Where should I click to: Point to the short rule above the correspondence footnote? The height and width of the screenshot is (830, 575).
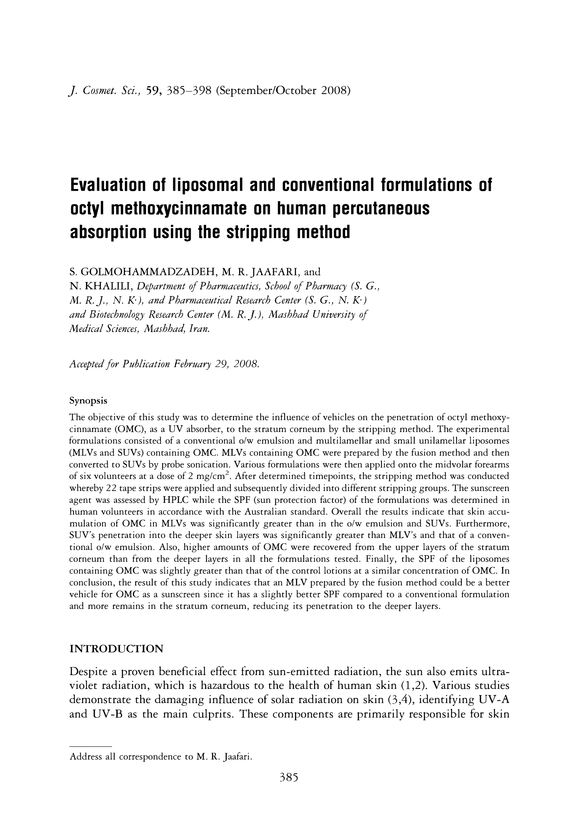(x=91, y=746)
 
